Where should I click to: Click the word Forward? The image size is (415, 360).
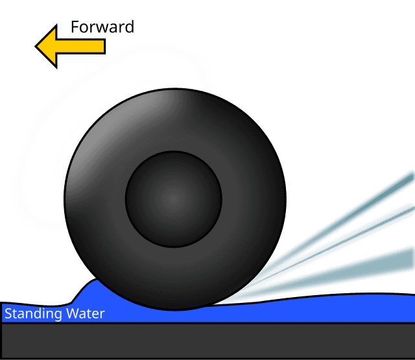(102, 27)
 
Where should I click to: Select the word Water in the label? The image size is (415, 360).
(84, 315)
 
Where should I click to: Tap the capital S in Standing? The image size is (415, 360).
(8, 315)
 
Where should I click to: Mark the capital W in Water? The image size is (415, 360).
(70, 315)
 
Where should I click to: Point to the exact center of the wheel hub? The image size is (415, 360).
(174, 198)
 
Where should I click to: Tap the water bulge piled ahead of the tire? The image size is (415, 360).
(91, 292)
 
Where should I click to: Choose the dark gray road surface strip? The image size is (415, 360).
(207, 341)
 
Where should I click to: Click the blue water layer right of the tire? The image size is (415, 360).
(324, 310)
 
